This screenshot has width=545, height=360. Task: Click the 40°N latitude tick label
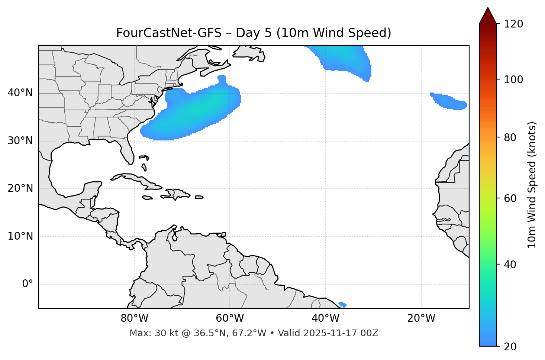click(x=20, y=93)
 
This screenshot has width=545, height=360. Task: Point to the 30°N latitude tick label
click(x=20, y=141)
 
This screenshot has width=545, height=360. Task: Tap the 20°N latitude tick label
click(x=20, y=188)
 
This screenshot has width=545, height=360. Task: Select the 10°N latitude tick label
click(x=20, y=236)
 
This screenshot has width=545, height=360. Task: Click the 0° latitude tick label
click(x=28, y=284)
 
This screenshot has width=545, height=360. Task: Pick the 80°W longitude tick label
click(x=134, y=318)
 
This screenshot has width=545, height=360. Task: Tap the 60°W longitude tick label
click(x=230, y=318)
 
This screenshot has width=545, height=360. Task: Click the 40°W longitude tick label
click(x=326, y=318)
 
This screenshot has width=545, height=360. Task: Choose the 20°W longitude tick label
click(x=421, y=318)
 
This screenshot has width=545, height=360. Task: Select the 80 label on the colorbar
click(x=512, y=137)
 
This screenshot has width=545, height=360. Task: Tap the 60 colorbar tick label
click(x=512, y=198)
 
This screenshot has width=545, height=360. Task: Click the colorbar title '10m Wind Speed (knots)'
click(x=532, y=185)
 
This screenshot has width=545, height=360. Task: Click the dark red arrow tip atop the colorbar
click(x=488, y=14)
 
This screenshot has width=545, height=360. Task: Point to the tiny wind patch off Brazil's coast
click(x=342, y=305)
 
